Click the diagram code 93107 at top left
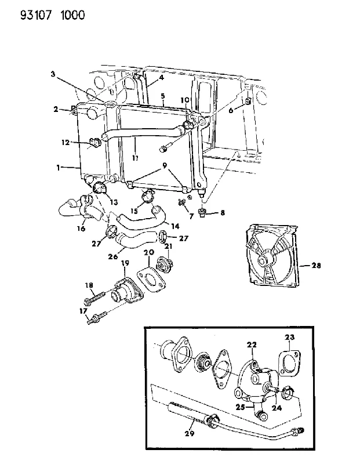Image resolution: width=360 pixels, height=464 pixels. pos(36,15)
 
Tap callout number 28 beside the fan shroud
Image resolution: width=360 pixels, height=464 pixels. pos(316,266)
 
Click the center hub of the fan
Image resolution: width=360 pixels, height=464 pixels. pos(263,261)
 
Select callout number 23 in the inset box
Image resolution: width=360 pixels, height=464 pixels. pos(290,337)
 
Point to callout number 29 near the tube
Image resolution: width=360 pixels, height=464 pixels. pos(190,434)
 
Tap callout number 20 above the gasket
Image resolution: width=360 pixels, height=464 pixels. pos(149,252)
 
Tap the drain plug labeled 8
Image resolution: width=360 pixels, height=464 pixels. pos(202,213)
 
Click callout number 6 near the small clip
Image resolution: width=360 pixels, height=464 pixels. pos(231,110)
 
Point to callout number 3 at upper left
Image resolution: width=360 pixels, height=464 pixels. pos(53,74)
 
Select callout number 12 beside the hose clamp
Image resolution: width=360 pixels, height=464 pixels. pos(66,142)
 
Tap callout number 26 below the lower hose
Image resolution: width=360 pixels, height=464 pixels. pos(113,256)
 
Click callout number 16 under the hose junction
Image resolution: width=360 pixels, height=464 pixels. pos(81,228)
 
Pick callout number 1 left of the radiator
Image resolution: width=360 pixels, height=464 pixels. pos(59,168)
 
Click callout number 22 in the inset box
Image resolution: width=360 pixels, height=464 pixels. pos(252,345)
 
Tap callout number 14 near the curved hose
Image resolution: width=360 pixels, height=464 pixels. pos(175,226)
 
